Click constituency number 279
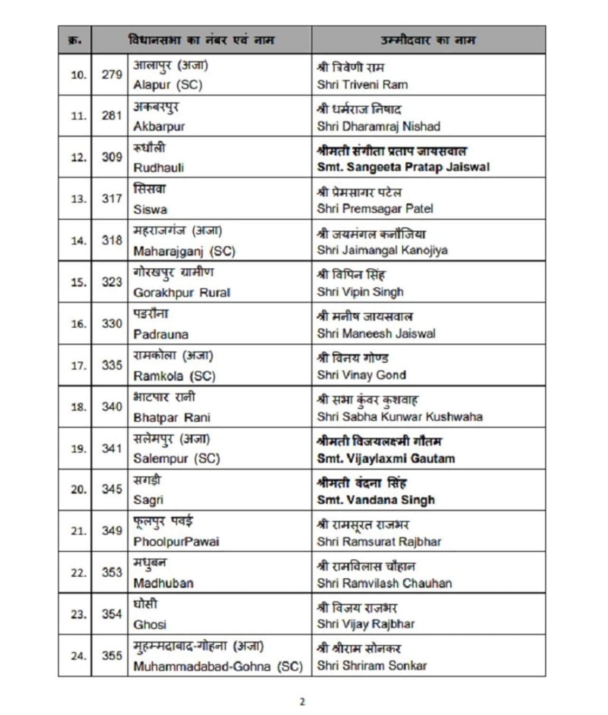tap(112, 75)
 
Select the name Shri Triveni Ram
tap(362, 85)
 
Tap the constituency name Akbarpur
tap(159, 126)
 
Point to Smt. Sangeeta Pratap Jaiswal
tap(403, 167)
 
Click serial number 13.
tap(78, 199)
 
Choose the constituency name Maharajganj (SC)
tap(184, 251)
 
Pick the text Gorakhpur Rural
tap(181, 292)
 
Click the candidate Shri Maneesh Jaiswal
tap(376, 334)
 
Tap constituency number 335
tap(112, 365)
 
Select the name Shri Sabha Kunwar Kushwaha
tap(400, 417)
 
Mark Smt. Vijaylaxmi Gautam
tap(386, 459)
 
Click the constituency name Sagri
tap(148, 500)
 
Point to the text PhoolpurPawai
tap(176, 542)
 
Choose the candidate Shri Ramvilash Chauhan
tap(384, 583)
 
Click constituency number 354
tap(112, 614)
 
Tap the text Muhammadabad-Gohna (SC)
tap(218, 667)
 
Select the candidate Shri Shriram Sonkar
tap(372, 666)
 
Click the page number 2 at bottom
tap(302, 702)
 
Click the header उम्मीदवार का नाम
tap(428, 40)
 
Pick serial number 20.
tap(78, 489)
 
